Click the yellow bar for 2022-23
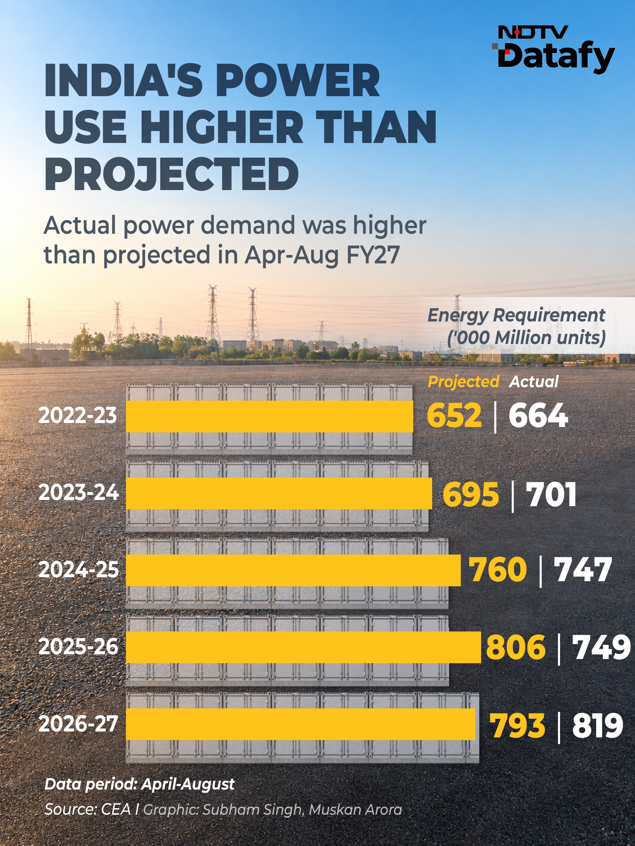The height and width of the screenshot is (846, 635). pos(269,417)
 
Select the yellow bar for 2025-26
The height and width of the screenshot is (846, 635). pos(303,647)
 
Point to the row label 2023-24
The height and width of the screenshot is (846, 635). pos(78,492)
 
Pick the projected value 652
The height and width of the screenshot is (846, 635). pos(454,416)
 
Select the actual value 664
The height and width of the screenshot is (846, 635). pos(538,416)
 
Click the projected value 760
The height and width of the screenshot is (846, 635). pos(498,570)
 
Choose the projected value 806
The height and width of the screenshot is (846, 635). pos(515,647)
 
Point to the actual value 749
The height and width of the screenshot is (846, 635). pos(601,647)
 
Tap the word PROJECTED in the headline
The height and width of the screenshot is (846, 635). pos(172,174)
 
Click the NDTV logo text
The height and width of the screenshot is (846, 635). pos(533,32)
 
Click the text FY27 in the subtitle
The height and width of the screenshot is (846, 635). pos(373,255)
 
